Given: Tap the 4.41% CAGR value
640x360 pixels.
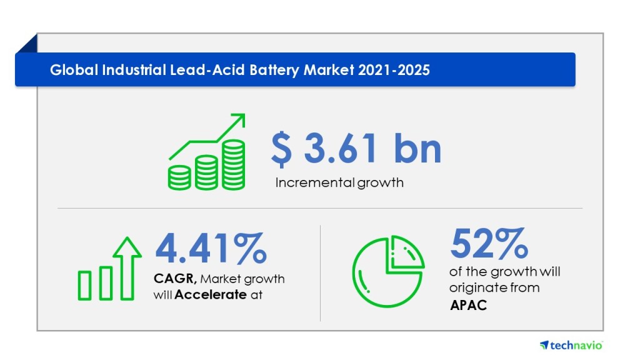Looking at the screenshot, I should [x=211, y=248].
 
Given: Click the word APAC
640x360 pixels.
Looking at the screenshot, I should [x=469, y=306].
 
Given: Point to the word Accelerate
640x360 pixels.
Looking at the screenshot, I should [x=211, y=295].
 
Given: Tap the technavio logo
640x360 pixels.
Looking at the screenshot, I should [x=571, y=345].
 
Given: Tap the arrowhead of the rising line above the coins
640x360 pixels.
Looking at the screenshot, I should [x=239, y=119].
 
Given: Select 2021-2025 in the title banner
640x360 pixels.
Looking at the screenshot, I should [x=394, y=70].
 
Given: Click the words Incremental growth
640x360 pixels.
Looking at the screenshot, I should [x=339, y=183].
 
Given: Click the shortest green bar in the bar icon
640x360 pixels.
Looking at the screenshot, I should [x=85, y=285].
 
